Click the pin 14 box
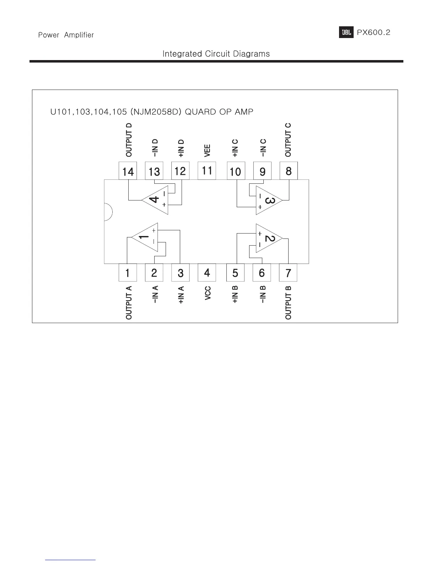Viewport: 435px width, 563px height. click(128, 171)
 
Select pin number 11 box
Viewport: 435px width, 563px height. click(207, 171)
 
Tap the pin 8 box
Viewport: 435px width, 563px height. click(289, 171)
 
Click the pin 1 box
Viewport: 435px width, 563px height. click(128, 273)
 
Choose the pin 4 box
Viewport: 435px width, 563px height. click(207, 273)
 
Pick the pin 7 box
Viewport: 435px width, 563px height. click(288, 273)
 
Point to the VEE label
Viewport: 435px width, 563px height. click(208, 150)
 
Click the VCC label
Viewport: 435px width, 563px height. click(208, 293)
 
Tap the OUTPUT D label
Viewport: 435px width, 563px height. click(129, 140)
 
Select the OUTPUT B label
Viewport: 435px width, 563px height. click(288, 302)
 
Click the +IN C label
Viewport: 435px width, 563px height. click(235, 148)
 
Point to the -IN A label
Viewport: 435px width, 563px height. click(155, 294)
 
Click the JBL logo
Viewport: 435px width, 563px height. click(346, 33)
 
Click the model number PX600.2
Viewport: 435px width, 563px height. click(374, 33)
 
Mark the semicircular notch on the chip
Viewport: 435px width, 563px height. click(108, 212)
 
